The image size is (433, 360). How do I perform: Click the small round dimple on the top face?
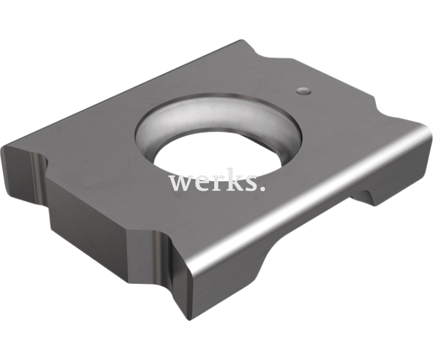point(304,91)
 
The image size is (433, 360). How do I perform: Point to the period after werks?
point(263,188)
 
